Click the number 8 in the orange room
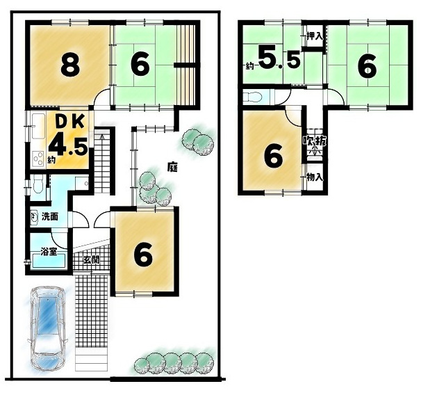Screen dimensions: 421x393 (x=70, y=64)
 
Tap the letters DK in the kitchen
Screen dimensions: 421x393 (x=70, y=122)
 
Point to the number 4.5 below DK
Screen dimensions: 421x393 (x=68, y=146)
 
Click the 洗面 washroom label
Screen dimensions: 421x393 (x=50, y=216)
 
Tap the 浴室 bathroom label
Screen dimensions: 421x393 (x=49, y=252)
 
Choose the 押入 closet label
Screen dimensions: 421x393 (x=315, y=36)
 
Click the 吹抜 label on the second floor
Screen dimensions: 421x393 (x=315, y=141)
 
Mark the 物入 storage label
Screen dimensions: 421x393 (x=315, y=177)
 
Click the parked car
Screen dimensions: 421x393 (x=47, y=328)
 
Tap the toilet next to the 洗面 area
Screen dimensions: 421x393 (x=38, y=184)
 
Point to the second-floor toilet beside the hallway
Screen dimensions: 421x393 (x=252, y=97)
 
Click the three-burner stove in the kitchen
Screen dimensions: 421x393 (x=38, y=159)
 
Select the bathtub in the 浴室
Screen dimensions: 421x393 (x=49, y=260)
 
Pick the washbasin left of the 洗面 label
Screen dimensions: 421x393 (x=34, y=216)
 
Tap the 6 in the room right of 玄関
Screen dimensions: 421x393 (x=143, y=255)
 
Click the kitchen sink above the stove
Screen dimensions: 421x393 (x=38, y=126)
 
